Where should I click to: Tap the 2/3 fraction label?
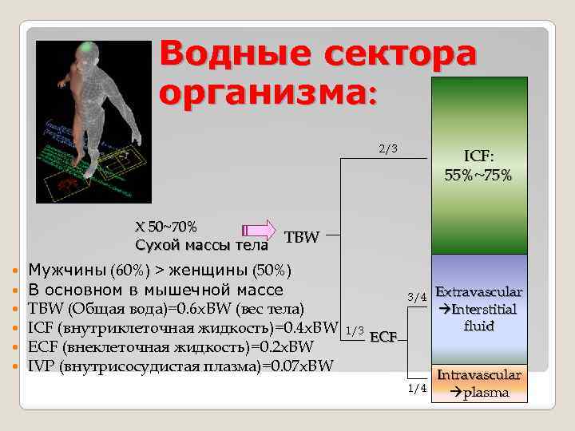tap(387, 148)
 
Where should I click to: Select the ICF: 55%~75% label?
tap(479, 165)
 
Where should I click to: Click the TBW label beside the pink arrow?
tap(302, 237)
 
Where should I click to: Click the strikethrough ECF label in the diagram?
tap(383, 337)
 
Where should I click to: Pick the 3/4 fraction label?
tap(417, 298)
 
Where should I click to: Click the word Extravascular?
tap(478, 293)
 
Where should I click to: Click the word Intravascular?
tap(478, 374)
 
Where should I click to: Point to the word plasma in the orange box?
tap(486, 391)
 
